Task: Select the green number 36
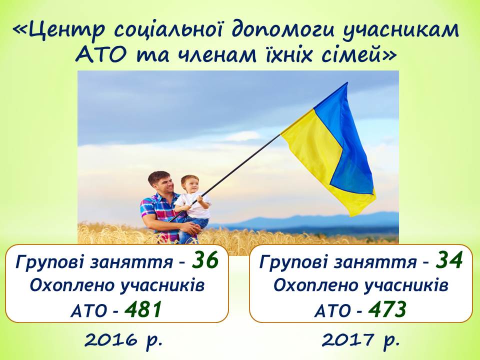[x=205, y=260]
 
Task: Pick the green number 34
[x=449, y=260]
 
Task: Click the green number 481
[x=143, y=309]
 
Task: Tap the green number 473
[x=387, y=309]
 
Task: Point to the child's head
[x=189, y=183]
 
